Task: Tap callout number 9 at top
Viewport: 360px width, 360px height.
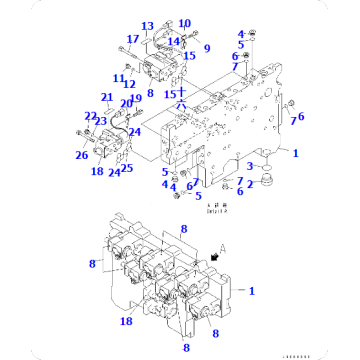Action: [x=207, y=47]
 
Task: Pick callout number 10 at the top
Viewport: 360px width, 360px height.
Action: [x=184, y=23]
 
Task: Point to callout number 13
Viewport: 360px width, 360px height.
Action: [x=147, y=26]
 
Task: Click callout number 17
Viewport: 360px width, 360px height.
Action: [x=131, y=40]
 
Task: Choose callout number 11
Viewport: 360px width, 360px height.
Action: [x=117, y=78]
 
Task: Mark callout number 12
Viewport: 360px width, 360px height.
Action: [x=129, y=85]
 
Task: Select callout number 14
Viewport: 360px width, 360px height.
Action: [x=174, y=41]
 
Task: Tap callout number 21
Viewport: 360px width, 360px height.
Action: [x=106, y=97]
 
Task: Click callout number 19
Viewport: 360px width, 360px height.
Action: [x=136, y=99]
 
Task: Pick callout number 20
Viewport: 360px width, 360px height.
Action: [x=125, y=103]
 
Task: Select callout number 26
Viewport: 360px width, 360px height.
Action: [x=80, y=154]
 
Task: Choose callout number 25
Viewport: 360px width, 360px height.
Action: [x=127, y=167]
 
